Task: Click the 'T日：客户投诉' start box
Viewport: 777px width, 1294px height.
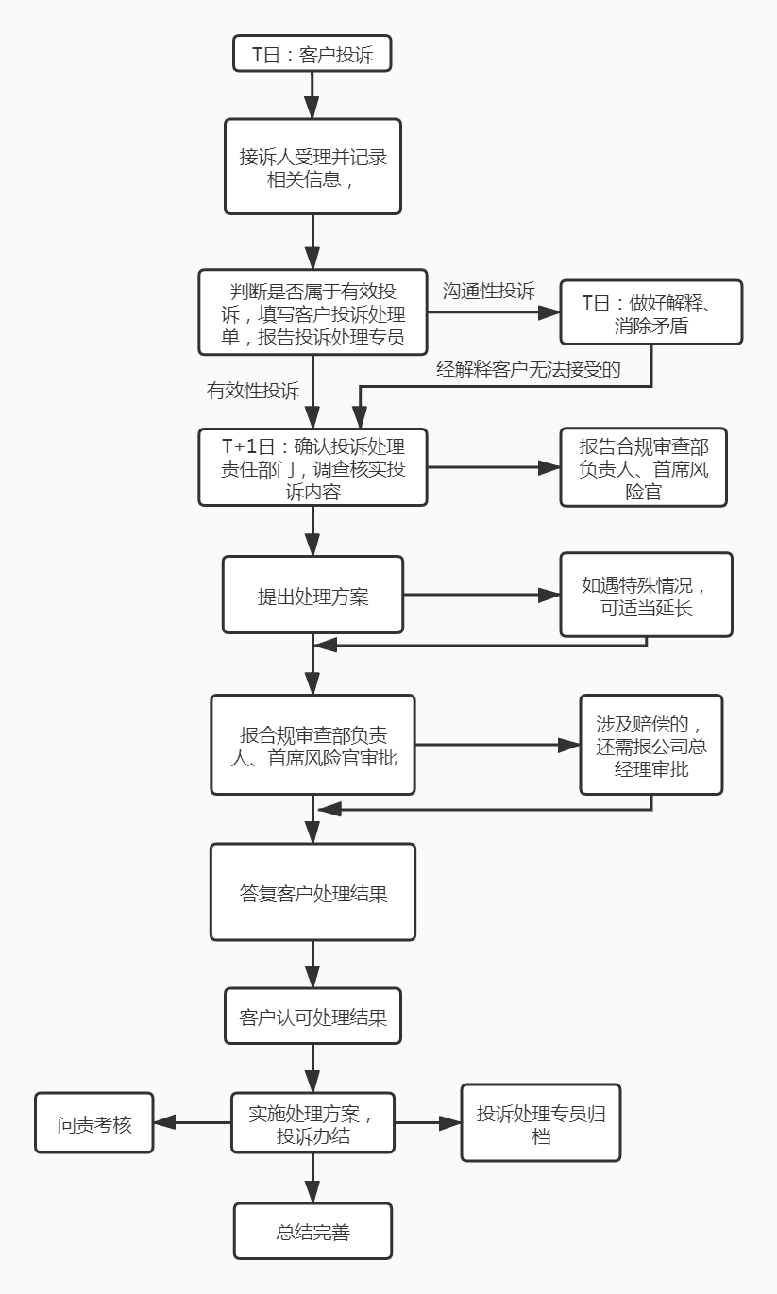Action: coord(312,54)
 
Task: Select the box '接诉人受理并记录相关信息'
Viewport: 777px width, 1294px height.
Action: coord(312,166)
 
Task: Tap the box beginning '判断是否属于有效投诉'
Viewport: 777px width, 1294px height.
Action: coord(312,312)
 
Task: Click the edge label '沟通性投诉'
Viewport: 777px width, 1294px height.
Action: coord(488,290)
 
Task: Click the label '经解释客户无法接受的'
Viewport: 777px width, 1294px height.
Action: coord(528,369)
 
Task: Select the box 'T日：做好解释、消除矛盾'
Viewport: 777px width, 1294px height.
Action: coord(651,313)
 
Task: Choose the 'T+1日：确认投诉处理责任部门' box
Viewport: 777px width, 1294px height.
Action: coord(312,468)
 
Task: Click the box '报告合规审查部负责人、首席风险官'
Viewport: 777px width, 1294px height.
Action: coord(643,468)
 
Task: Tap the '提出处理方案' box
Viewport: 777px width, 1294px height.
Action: coord(312,596)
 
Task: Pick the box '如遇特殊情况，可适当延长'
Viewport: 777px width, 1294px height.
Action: coord(646,596)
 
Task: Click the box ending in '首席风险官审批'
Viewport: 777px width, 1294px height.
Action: coord(312,745)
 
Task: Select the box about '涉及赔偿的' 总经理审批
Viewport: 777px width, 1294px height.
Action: coord(651,745)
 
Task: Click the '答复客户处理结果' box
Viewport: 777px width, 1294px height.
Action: coord(312,892)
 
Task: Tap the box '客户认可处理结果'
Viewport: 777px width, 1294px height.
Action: coord(312,1016)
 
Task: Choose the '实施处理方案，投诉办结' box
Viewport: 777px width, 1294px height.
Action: coord(312,1123)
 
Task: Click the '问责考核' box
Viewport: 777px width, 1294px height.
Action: coord(94,1123)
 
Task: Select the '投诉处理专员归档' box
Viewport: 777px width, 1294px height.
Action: coord(541,1123)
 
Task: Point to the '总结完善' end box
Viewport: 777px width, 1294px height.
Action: coord(312,1231)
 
